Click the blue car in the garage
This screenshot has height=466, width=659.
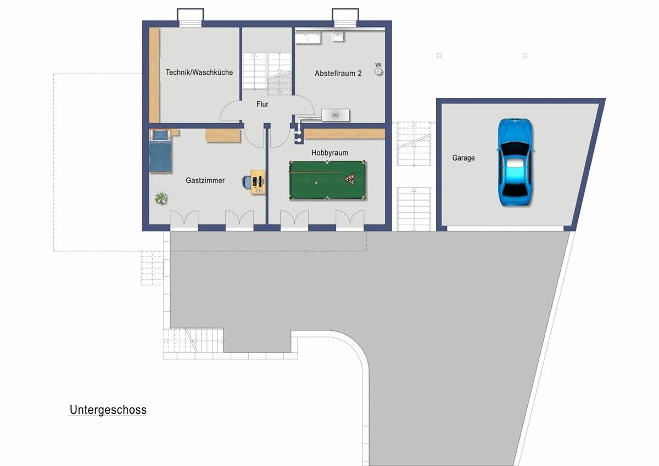click(x=516, y=162)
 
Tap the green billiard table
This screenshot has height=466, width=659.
click(x=327, y=180)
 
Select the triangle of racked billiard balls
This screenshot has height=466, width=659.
click(x=350, y=178)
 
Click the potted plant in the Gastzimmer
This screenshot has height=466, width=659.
click(x=161, y=198)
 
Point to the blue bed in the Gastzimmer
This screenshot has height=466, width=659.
click(x=160, y=151)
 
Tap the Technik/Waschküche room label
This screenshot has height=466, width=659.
click(x=199, y=73)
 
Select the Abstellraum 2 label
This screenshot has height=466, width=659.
click(x=338, y=73)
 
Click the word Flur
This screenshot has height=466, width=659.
click(x=262, y=104)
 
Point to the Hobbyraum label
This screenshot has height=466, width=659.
click(x=329, y=152)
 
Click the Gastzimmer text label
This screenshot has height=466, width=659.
click(x=205, y=180)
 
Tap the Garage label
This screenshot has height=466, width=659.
click(x=463, y=158)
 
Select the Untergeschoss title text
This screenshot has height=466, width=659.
click(x=108, y=410)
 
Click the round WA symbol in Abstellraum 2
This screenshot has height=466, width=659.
click(x=378, y=71)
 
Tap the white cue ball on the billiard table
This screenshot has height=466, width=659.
click(x=316, y=182)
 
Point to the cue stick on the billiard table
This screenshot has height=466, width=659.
click(x=316, y=173)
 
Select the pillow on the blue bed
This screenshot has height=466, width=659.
click(x=160, y=135)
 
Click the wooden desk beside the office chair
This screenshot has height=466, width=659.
click(x=258, y=182)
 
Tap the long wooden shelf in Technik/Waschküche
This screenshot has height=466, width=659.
click(x=154, y=75)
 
